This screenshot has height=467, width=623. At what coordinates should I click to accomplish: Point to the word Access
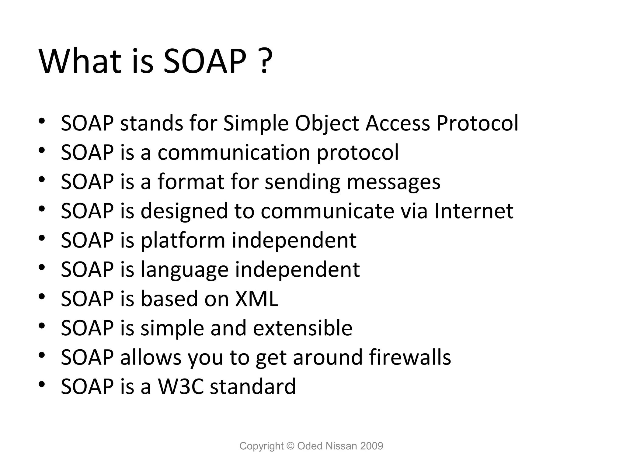pos(398,123)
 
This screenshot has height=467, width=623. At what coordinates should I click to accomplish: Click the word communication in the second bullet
pos(234,152)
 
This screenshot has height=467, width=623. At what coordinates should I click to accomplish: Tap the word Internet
pos(474,211)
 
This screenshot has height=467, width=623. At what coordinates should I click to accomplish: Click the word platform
pos(183,240)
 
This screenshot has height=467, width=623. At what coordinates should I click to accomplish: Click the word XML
pos(257,299)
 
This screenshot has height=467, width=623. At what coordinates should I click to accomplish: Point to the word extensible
pos(303,328)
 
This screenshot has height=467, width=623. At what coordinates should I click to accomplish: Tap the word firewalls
pos(410,357)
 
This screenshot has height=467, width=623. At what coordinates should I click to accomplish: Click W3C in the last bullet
pos(180,386)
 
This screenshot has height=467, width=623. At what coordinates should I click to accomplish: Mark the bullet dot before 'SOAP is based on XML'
pos(42,296)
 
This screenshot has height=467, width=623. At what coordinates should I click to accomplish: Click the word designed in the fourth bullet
pos(184,211)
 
